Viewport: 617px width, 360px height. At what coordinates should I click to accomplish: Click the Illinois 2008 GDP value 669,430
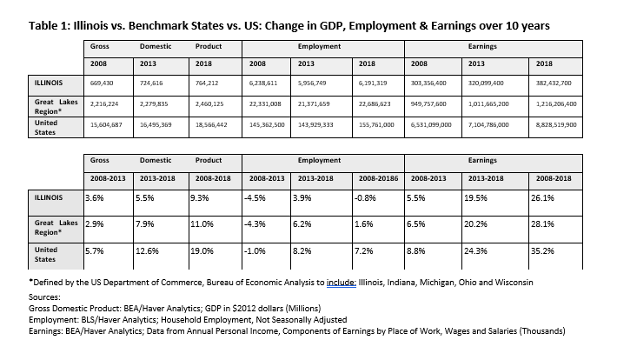tap(102, 83)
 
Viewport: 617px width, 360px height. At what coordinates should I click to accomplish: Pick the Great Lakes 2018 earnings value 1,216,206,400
tap(556, 104)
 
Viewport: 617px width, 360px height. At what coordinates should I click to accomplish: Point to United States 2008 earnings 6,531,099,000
tap(431, 125)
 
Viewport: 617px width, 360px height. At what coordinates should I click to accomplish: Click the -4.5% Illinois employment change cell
tap(255, 197)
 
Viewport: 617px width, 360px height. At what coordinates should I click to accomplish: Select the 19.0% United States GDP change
tap(202, 251)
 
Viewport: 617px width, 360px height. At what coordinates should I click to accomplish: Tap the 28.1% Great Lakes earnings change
tap(542, 224)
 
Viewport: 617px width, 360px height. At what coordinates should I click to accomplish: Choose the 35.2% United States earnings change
tap(542, 251)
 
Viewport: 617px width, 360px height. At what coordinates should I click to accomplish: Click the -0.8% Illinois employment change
tap(365, 197)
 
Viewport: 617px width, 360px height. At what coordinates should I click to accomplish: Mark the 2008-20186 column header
tap(378, 178)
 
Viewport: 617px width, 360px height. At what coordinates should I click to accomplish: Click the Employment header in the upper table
tap(319, 46)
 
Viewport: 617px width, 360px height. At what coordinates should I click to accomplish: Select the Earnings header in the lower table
tap(482, 160)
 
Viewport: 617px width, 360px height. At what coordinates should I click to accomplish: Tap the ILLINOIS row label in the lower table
tap(49, 197)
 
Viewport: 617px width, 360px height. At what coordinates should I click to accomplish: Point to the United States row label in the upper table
tap(46, 128)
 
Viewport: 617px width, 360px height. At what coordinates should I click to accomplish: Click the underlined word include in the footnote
tap(342, 283)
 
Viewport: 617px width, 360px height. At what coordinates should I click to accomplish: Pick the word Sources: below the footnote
tap(44, 297)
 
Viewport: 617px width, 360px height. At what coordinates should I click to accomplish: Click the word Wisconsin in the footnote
tap(514, 283)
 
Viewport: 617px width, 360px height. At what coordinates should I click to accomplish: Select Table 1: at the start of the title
tap(50, 25)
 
